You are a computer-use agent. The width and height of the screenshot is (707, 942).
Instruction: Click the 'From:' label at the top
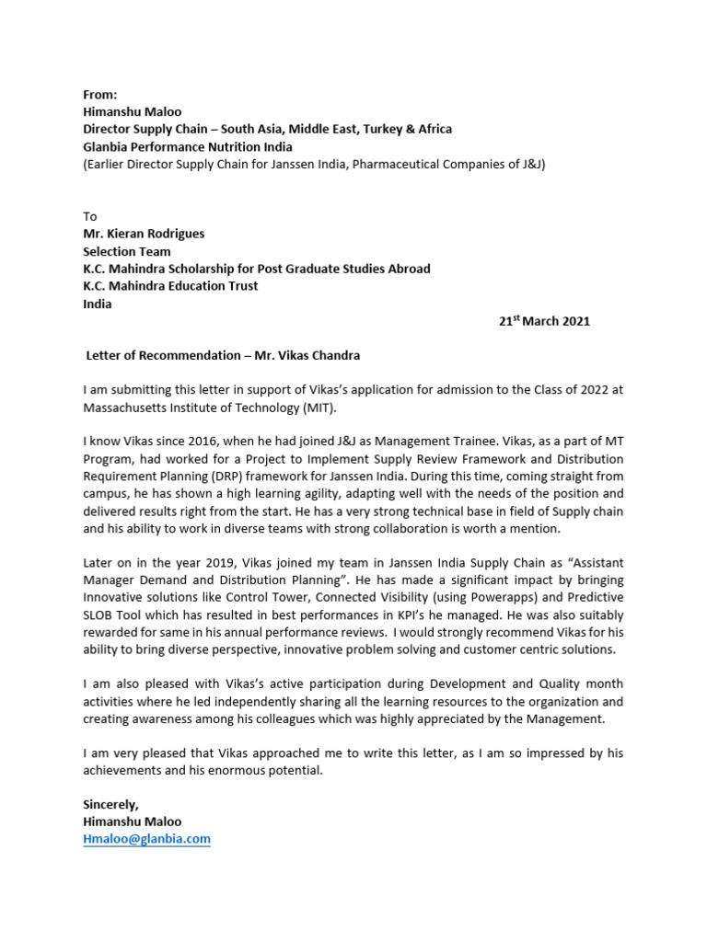[100, 95]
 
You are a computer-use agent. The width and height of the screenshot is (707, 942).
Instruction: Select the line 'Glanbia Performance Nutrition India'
[188, 146]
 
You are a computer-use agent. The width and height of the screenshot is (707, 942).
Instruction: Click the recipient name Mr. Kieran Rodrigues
[144, 234]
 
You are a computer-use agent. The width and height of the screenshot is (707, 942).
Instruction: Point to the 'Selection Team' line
[127, 251]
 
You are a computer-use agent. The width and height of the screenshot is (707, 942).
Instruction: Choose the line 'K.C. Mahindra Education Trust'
[170, 286]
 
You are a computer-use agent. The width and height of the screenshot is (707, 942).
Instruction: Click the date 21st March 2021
[544, 321]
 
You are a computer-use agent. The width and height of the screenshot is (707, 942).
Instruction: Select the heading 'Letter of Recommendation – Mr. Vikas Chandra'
[222, 356]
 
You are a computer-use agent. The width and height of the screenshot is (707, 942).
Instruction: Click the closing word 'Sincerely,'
[110, 804]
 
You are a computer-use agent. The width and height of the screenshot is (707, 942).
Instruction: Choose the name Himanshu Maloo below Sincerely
[133, 821]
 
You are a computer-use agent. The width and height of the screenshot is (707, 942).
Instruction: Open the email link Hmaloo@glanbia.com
[147, 839]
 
